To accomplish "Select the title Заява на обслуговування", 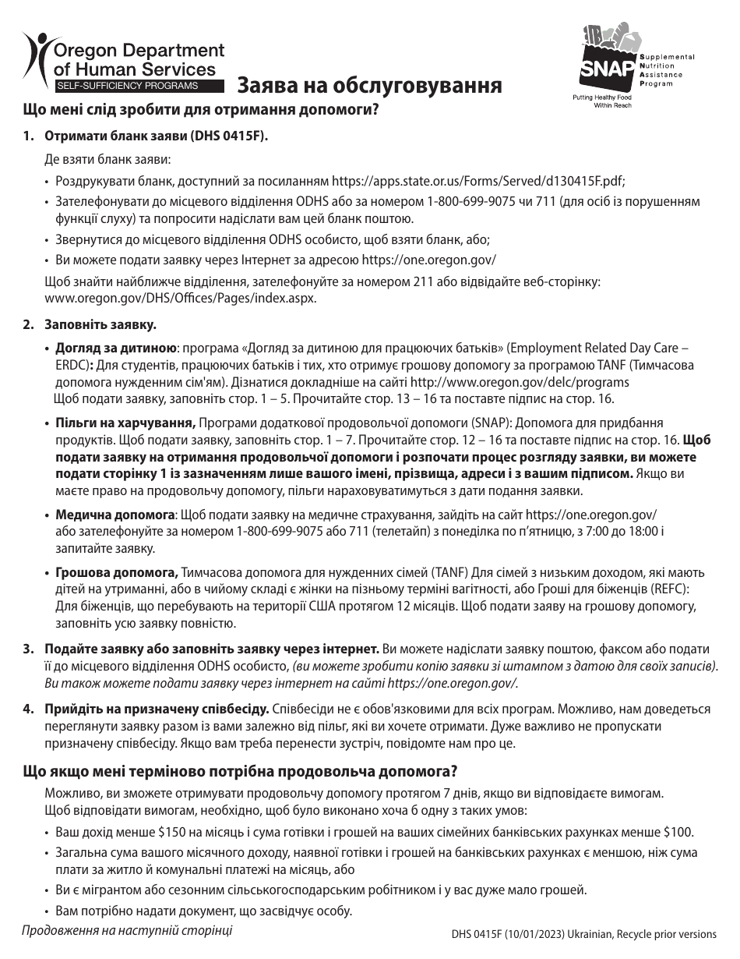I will [x=369, y=85].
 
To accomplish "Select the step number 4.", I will [x=27, y=709].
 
